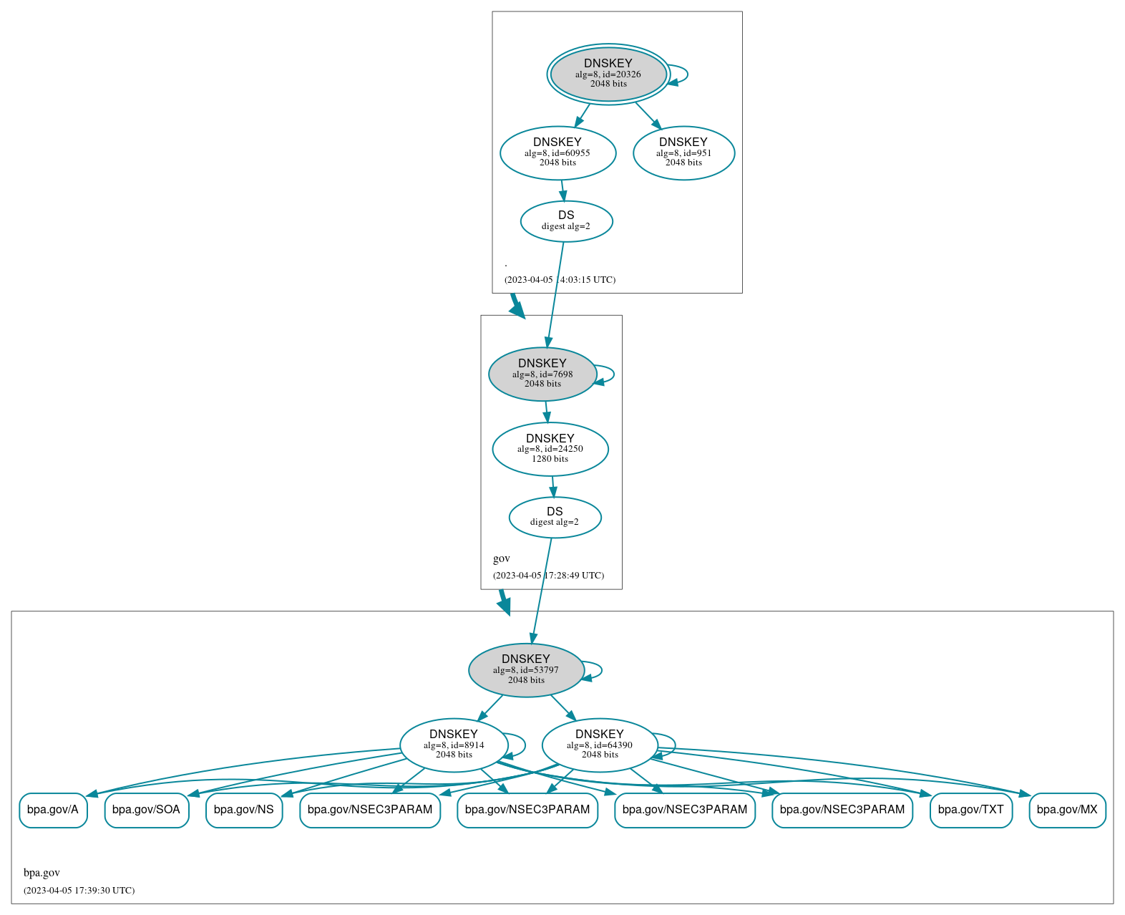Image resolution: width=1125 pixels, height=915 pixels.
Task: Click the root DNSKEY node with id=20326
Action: (608, 74)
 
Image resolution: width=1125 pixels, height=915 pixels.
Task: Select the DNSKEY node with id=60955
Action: (557, 152)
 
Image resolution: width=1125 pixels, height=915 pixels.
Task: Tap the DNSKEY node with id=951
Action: (683, 152)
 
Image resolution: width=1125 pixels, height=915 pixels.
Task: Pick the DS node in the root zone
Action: (566, 221)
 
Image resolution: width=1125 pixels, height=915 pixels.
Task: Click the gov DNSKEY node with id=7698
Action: (542, 374)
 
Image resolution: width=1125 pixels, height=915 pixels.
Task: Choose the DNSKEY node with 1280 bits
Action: (550, 449)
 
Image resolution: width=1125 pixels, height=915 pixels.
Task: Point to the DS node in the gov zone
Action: (555, 517)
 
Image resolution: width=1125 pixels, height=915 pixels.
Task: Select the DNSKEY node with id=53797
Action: (526, 670)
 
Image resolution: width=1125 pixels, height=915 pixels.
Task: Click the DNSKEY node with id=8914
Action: (453, 745)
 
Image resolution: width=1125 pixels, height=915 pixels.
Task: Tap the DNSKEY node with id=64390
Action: (599, 745)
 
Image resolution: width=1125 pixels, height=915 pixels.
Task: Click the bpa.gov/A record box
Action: (53, 810)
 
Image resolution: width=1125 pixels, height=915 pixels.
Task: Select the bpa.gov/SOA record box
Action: (147, 810)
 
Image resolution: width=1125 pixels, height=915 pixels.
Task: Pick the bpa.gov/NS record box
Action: (244, 810)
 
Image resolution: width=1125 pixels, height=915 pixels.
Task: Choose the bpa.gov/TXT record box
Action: (970, 810)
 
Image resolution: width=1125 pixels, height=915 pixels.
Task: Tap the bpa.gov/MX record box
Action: (1067, 810)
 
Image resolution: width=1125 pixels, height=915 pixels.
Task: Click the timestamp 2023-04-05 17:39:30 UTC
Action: (79, 891)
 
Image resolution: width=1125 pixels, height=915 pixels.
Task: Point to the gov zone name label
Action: (502, 558)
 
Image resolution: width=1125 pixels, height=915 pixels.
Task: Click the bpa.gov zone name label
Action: (42, 873)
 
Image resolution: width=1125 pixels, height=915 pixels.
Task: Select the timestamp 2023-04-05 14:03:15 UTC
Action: (560, 280)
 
